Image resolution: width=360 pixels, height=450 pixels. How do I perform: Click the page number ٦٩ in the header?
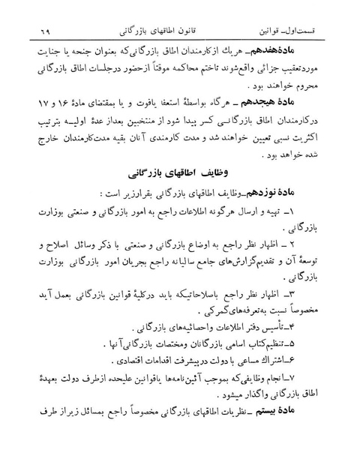pos(36,32)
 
